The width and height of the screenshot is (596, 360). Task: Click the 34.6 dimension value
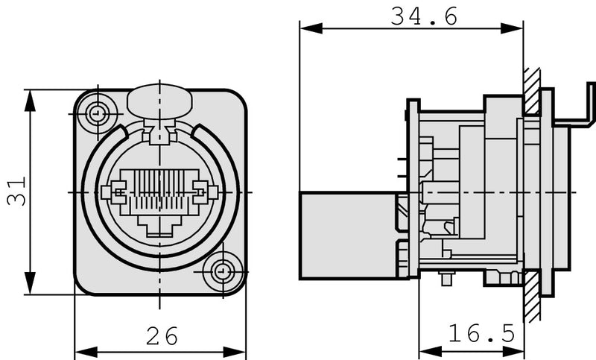pos(423,16)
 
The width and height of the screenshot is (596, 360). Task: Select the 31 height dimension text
pos(16,191)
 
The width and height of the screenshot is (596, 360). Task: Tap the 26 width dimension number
pos(162,337)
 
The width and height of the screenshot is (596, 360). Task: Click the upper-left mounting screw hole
pos(97,114)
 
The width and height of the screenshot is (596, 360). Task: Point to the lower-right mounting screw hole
pos(221,271)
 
